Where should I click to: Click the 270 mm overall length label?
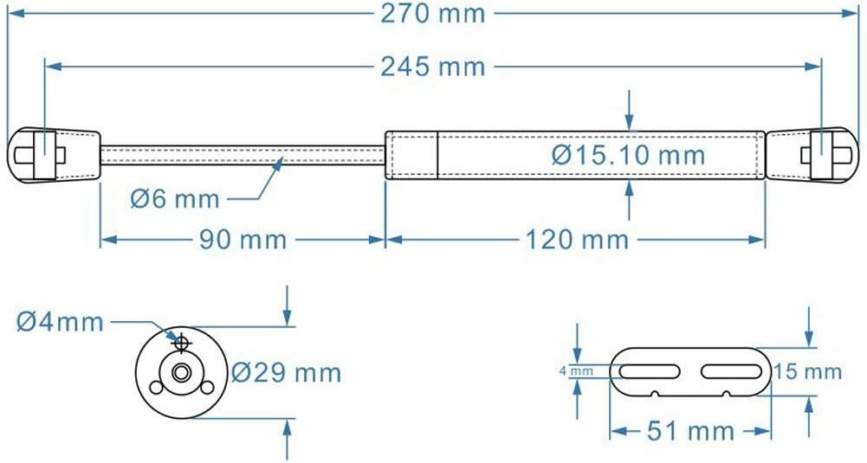pyautogui.click(x=434, y=15)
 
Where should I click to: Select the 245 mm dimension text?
pyautogui.click(x=433, y=66)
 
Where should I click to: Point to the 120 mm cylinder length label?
pyautogui.click(x=577, y=239)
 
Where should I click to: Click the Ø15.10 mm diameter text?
pyautogui.click(x=628, y=156)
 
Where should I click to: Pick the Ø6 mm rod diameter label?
pyautogui.click(x=175, y=199)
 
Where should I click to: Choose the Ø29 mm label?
pyautogui.click(x=287, y=373)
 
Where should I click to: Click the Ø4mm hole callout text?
pyautogui.click(x=60, y=323)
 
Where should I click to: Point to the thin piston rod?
pyautogui.click(x=243, y=155)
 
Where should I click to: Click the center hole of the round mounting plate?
pyautogui.click(x=181, y=373)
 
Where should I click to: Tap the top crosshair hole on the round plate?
pyautogui.click(x=181, y=344)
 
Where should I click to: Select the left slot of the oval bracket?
pyautogui.click(x=648, y=371)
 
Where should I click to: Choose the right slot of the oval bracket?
pyautogui.click(x=733, y=371)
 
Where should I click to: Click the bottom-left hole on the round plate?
pyautogui.click(x=156, y=387)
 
